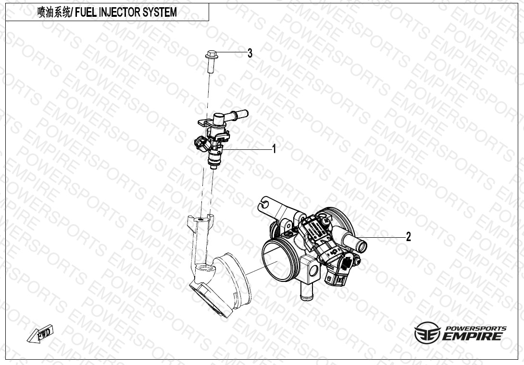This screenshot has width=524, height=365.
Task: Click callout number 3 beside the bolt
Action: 250,53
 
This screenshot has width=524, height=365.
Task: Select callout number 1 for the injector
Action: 274,149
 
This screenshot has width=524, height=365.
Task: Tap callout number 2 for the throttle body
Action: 408,237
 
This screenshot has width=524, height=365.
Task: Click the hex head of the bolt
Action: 211,54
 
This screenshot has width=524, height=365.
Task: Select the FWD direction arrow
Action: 40,333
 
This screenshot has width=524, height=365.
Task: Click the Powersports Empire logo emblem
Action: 427,333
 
